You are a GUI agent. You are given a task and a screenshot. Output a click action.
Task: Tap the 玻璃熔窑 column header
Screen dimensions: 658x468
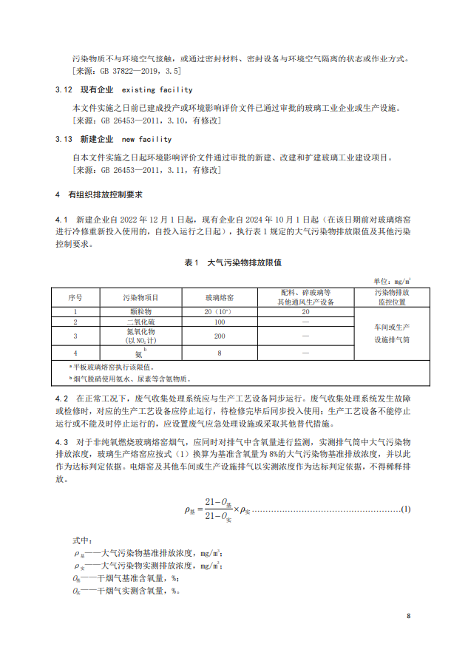click(x=220, y=296)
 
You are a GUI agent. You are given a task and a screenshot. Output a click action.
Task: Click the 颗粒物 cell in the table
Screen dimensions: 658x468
click(x=139, y=312)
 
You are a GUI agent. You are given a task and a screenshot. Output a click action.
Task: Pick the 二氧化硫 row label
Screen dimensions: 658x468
click(x=139, y=322)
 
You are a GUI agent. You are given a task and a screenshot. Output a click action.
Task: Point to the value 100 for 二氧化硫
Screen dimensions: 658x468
click(x=220, y=322)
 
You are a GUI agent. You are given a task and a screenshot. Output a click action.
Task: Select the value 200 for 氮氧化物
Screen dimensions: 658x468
click(x=220, y=336)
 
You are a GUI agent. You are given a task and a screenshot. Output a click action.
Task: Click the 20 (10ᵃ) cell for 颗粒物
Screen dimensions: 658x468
click(x=220, y=312)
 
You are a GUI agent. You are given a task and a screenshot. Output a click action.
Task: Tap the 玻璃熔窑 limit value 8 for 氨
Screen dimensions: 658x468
click(x=220, y=353)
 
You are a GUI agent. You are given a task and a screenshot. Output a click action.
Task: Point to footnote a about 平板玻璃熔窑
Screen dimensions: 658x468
click(x=112, y=367)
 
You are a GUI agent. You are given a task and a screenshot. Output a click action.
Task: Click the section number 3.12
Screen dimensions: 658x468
click(x=64, y=90)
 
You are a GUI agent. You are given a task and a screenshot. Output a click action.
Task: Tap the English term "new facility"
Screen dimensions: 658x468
click(x=146, y=139)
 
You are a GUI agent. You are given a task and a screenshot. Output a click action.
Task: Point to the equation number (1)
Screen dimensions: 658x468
click(x=405, y=509)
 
